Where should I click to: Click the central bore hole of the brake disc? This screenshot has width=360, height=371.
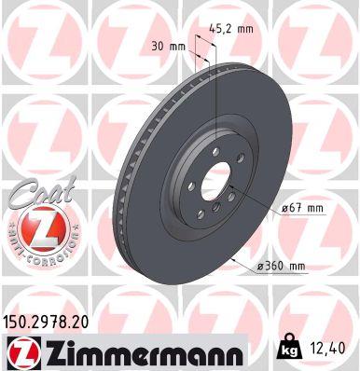[215, 182]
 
